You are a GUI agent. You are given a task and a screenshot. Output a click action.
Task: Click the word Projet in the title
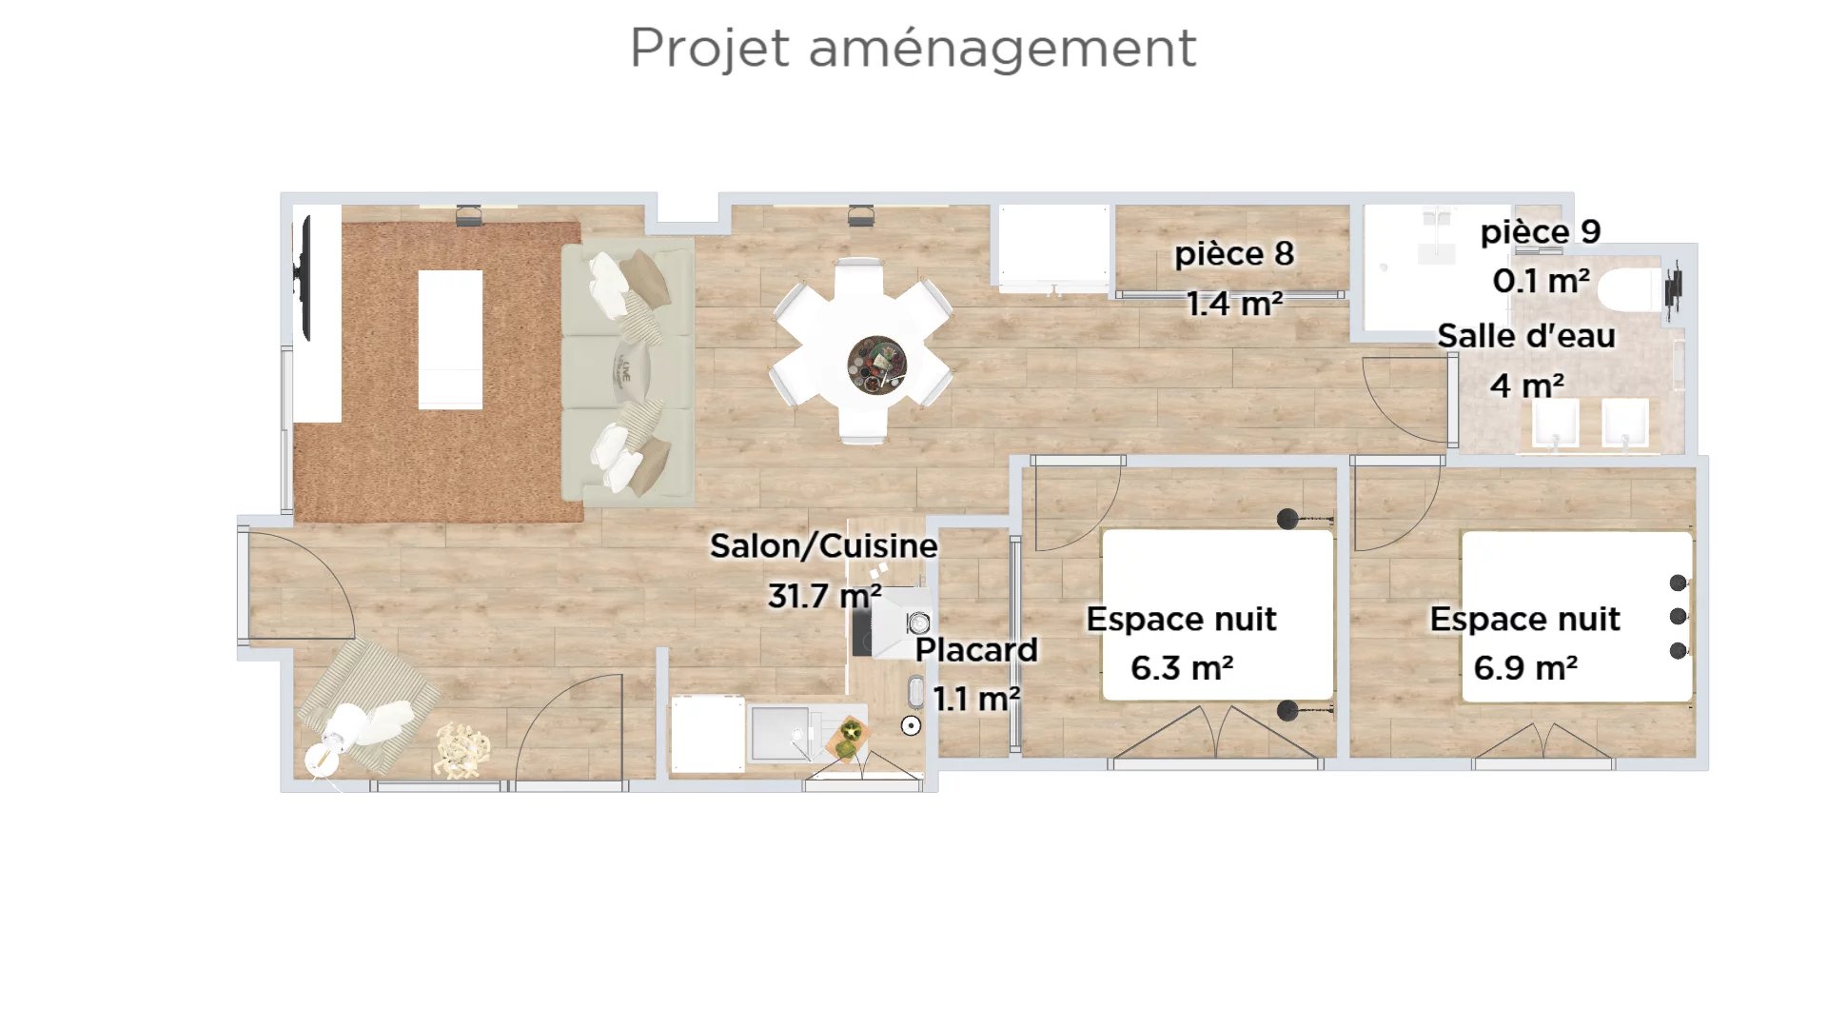tap(710, 49)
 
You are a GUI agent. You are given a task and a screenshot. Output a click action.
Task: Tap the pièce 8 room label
tap(1234, 253)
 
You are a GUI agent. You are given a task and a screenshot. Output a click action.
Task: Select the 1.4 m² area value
tap(1234, 303)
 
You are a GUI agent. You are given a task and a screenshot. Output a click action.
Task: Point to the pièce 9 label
tap(1541, 231)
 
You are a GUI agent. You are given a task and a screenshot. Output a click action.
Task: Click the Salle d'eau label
tap(1526, 335)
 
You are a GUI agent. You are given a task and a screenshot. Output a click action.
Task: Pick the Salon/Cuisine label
tap(824, 545)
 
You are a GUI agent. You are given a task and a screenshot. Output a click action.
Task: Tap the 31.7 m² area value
tap(824, 596)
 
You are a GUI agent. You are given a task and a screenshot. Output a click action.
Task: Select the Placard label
tap(976, 649)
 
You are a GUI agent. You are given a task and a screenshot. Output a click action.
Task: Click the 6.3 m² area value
tap(1182, 667)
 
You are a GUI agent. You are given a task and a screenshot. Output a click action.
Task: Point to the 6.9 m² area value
tap(1525, 667)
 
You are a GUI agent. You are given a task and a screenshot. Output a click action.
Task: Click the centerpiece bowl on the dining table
tap(876, 365)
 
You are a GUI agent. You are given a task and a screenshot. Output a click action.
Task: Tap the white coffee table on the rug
tap(450, 339)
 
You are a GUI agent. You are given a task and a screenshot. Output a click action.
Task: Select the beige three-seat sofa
tap(628, 372)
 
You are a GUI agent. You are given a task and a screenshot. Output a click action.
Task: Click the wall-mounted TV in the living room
tap(304, 277)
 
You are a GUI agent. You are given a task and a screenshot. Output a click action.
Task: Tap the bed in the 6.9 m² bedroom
tap(1577, 617)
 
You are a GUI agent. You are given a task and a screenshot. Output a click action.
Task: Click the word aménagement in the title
tap(1002, 49)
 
